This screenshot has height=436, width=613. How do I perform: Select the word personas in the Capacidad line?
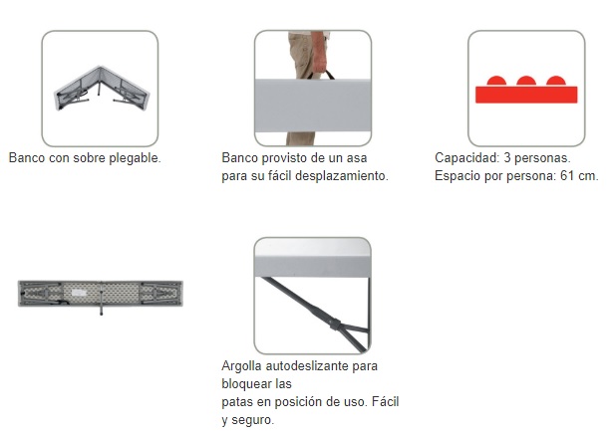(x=541, y=157)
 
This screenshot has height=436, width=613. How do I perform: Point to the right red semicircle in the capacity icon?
(x=555, y=82)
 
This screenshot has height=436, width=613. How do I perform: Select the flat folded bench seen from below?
(x=99, y=292)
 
